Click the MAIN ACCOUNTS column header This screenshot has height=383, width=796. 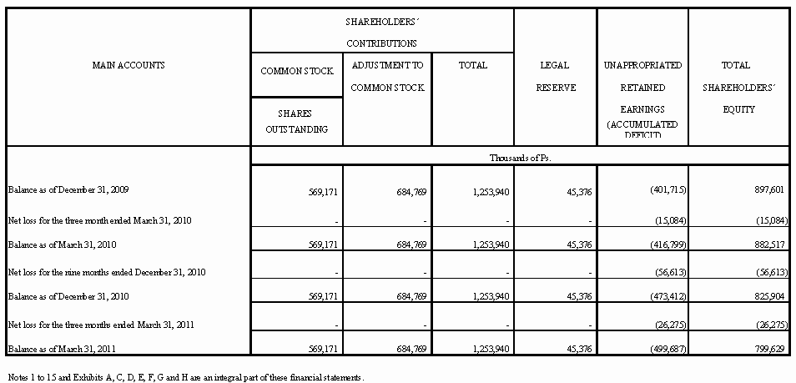(x=128, y=64)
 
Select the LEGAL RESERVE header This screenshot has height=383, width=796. (x=555, y=76)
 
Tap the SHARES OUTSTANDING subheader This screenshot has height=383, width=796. (x=296, y=121)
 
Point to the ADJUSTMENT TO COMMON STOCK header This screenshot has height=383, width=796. (x=387, y=76)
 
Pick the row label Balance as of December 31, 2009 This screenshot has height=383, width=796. (x=68, y=190)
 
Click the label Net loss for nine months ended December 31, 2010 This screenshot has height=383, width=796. (x=106, y=272)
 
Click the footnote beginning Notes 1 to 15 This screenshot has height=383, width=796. (x=185, y=375)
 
